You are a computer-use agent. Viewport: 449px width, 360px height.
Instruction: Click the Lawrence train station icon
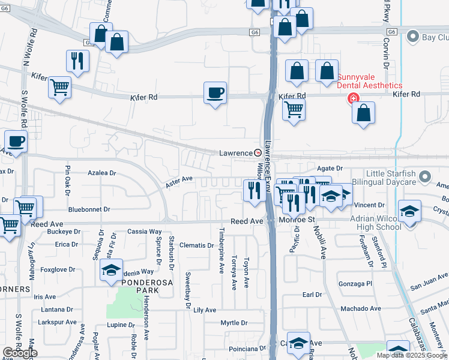(x=258, y=153)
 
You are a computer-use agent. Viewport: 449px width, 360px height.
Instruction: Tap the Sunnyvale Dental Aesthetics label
(x=369, y=81)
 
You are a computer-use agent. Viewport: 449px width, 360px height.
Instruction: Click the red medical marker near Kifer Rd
(x=354, y=98)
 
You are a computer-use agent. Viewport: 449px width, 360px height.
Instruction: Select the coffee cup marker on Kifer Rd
(x=215, y=93)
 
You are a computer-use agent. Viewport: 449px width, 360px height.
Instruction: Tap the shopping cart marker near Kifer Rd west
(x=59, y=88)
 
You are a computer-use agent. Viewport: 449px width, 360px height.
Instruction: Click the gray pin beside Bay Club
(x=412, y=38)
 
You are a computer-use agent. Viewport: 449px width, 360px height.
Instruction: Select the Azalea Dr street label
(x=101, y=173)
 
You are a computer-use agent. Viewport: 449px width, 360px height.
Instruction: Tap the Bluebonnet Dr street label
(x=89, y=209)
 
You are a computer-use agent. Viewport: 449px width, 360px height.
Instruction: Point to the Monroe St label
(x=297, y=221)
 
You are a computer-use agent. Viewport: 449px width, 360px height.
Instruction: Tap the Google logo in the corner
(x=20, y=353)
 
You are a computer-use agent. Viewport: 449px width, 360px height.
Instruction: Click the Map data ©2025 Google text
(x=412, y=355)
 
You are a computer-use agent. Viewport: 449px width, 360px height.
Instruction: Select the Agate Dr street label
(x=330, y=169)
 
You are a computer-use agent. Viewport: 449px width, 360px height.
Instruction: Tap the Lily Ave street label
(x=205, y=310)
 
